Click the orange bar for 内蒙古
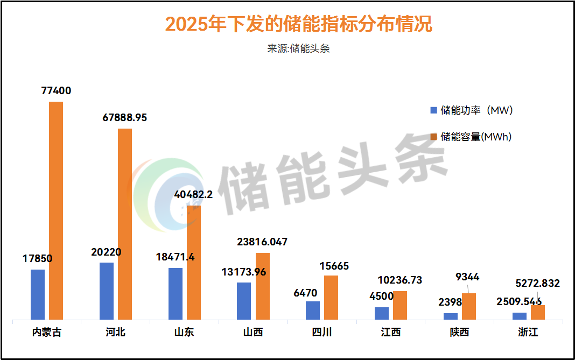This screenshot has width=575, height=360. (56, 210)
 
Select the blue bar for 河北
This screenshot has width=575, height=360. (107, 291)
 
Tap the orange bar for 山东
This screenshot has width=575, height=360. (194, 263)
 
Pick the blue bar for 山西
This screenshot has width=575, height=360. (244, 301)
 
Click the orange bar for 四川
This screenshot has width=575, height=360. (331, 298)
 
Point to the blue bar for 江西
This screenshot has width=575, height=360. (382, 314)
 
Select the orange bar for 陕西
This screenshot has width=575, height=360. (469, 307)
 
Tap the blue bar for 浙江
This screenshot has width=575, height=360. (520, 316)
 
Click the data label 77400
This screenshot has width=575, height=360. (56, 91)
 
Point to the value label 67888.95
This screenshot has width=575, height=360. (125, 118)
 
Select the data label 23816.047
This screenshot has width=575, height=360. (262, 242)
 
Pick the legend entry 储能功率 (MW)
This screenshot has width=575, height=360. (471, 110)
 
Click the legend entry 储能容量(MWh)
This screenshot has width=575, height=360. (471, 137)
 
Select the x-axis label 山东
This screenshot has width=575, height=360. (184, 332)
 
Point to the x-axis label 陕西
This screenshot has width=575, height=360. (459, 332)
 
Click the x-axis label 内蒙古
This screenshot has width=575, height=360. (46, 332)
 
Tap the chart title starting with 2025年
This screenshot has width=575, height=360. (298, 24)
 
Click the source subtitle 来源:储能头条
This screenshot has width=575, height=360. (298, 48)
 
